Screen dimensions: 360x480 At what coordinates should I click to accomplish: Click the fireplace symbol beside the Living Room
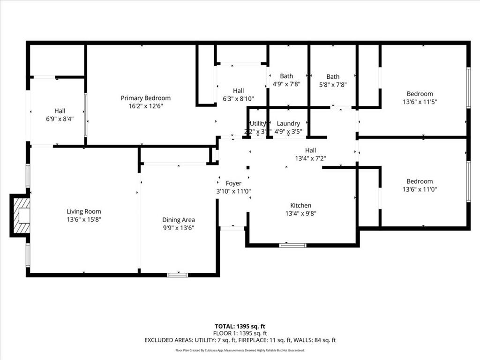coord(21,215)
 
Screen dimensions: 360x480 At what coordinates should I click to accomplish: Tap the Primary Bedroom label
coord(145,98)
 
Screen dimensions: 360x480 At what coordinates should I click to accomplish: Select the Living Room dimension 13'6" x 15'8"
coord(83,219)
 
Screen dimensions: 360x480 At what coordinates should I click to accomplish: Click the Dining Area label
coord(178,220)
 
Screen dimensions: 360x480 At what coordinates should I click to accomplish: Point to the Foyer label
coord(233,183)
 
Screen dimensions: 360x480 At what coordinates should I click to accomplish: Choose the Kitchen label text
coord(300,205)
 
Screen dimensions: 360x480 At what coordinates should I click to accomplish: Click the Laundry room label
coord(288,124)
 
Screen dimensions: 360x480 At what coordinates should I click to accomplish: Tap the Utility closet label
coord(258,124)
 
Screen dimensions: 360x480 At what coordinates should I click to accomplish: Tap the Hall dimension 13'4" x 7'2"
coord(310,158)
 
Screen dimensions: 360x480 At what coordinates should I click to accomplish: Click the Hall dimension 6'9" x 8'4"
coord(60,119)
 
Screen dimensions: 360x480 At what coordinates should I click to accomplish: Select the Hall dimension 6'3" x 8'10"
coord(238,98)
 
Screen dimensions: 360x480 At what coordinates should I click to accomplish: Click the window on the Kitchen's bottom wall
coord(292,245)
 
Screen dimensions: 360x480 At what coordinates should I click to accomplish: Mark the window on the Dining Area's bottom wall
coord(178,275)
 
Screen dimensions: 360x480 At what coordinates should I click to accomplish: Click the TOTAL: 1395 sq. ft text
coord(240,326)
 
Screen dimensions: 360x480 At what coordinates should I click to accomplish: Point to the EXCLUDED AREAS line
coord(240,340)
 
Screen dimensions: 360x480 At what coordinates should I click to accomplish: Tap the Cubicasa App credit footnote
coord(240,350)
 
